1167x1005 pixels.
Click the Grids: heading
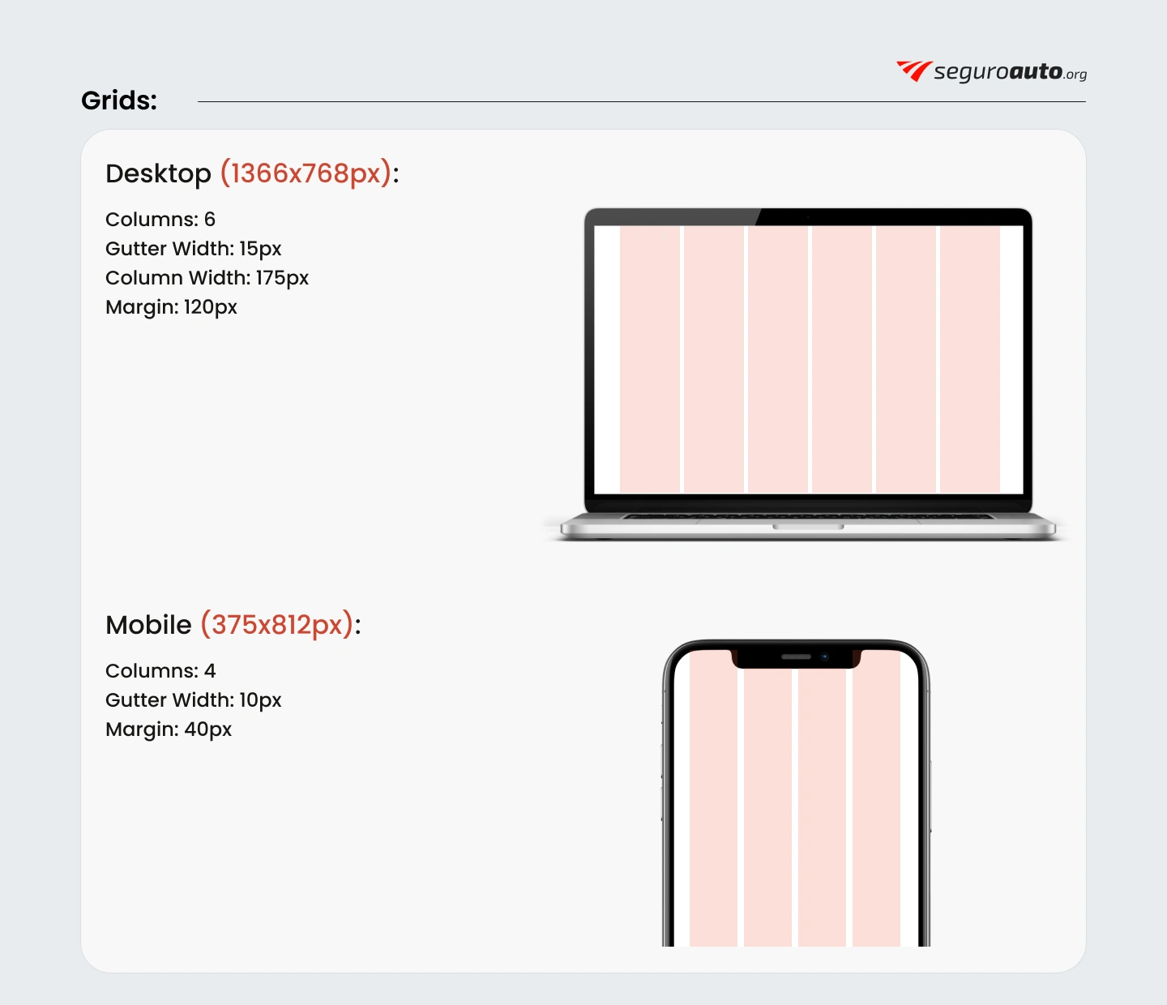point(119,101)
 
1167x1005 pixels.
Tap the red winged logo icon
point(914,71)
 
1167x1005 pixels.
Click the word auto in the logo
point(1036,71)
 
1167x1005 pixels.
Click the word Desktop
point(158,174)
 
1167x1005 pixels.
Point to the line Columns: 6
point(160,219)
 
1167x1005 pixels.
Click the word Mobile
point(148,625)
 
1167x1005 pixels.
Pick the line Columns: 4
point(160,671)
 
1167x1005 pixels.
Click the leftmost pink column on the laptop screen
point(650,360)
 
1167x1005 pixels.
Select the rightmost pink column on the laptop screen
point(970,360)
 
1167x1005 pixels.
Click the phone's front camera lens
point(825,656)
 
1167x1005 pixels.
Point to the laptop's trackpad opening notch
point(809,527)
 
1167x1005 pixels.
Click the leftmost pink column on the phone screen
point(713,798)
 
